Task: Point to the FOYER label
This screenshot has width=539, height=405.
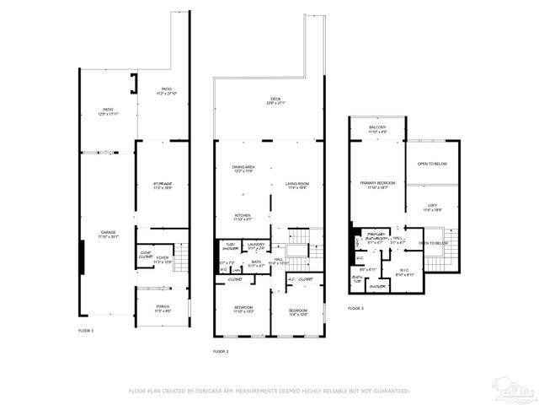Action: pos(163,257)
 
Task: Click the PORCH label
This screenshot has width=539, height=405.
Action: pos(163,306)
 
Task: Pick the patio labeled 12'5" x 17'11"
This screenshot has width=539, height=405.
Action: pos(108,110)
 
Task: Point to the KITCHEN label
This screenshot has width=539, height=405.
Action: pos(243,215)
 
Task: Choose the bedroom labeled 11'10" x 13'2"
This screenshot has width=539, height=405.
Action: pos(243,306)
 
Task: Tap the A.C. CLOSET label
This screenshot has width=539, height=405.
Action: pos(300,278)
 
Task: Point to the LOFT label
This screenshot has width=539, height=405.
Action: pos(432,205)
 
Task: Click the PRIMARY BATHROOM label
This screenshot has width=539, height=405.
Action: pos(375,238)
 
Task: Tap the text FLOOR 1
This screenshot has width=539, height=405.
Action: pos(86,330)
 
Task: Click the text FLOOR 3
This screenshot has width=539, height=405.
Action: pos(356,309)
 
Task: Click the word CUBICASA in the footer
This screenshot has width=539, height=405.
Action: pos(211,391)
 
